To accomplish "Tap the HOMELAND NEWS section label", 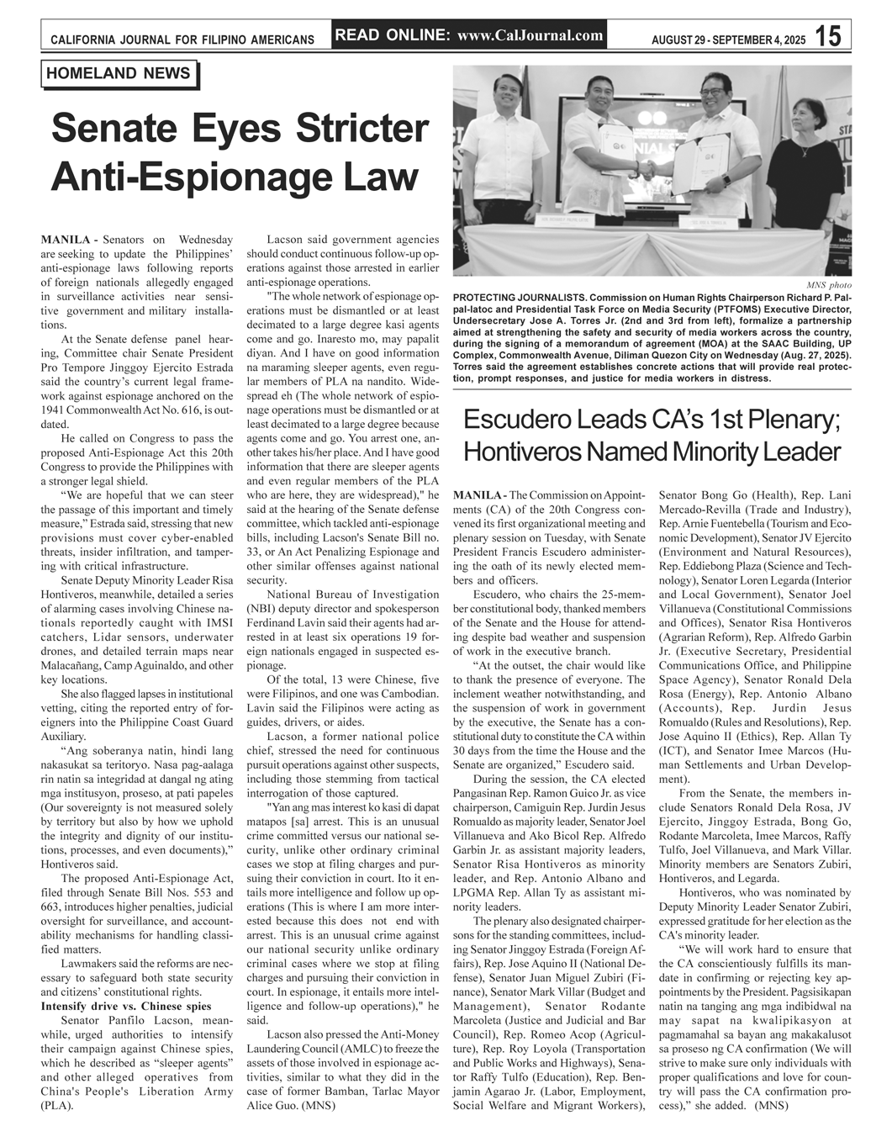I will (119, 74).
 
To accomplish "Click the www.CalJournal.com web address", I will (531, 35).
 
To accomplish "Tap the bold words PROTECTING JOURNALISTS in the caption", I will (520, 299).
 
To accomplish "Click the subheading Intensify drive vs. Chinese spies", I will (126, 1007).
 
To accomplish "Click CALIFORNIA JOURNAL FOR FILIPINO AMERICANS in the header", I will (182, 40).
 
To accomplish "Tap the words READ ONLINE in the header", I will (391, 35).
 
